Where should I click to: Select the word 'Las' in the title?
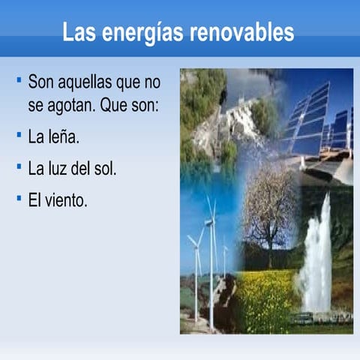(x=79, y=32)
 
